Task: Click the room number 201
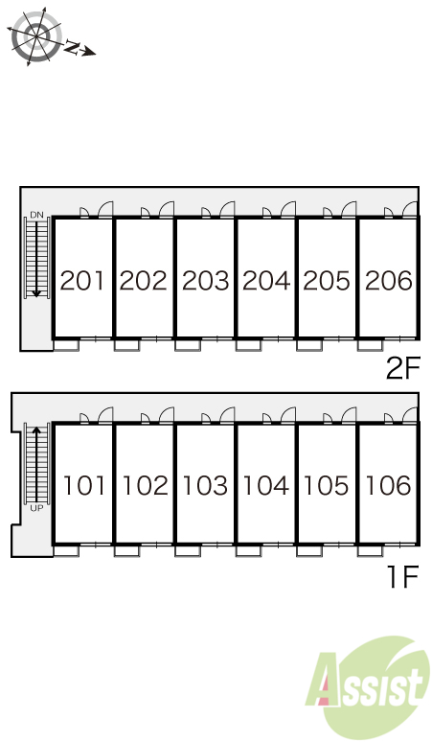click(82, 280)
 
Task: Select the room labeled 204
click(266, 280)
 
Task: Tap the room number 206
click(389, 280)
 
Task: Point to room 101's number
click(83, 485)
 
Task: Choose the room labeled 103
click(205, 485)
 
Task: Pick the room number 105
click(326, 485)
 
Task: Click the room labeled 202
click(144, 280)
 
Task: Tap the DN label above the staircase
click(36, 215)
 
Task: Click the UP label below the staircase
click(36, 509)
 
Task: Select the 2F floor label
click(402, 369)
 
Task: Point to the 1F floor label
click(403, 577)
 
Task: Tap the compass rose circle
click(36, 36)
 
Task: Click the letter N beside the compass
click(72, 47)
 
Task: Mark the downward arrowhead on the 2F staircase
click(36, 294)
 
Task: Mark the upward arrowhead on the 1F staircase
click(36, 430)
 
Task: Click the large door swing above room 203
click(227, 209)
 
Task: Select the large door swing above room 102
click(167, 415)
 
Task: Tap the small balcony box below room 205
click(309, 345)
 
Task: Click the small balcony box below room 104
click(248, 551)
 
